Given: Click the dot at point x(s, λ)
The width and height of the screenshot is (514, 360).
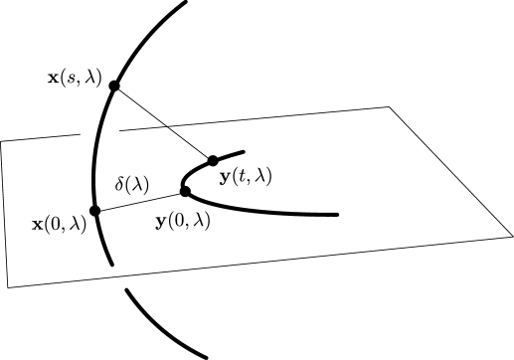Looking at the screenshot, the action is (114, 87).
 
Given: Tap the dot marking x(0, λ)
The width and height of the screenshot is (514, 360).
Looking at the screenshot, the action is (95, 211).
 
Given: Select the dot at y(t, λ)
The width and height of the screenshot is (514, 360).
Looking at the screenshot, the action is (212, 160).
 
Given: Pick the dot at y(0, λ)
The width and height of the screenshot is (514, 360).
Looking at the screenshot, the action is (185, 191).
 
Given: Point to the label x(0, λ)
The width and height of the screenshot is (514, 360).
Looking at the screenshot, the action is (61, 225).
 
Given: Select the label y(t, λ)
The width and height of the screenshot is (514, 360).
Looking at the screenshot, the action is (245, 177).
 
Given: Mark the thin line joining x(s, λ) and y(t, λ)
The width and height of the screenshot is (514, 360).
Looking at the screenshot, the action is (163, 123).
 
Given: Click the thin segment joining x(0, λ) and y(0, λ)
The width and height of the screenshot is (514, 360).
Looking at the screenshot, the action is (139, 201).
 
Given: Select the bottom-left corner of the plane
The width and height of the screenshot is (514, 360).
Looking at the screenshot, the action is (9, 286).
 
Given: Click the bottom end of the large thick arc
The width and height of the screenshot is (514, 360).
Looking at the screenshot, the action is (207, 355).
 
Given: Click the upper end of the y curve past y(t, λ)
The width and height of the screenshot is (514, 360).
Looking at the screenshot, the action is (244, 152).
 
